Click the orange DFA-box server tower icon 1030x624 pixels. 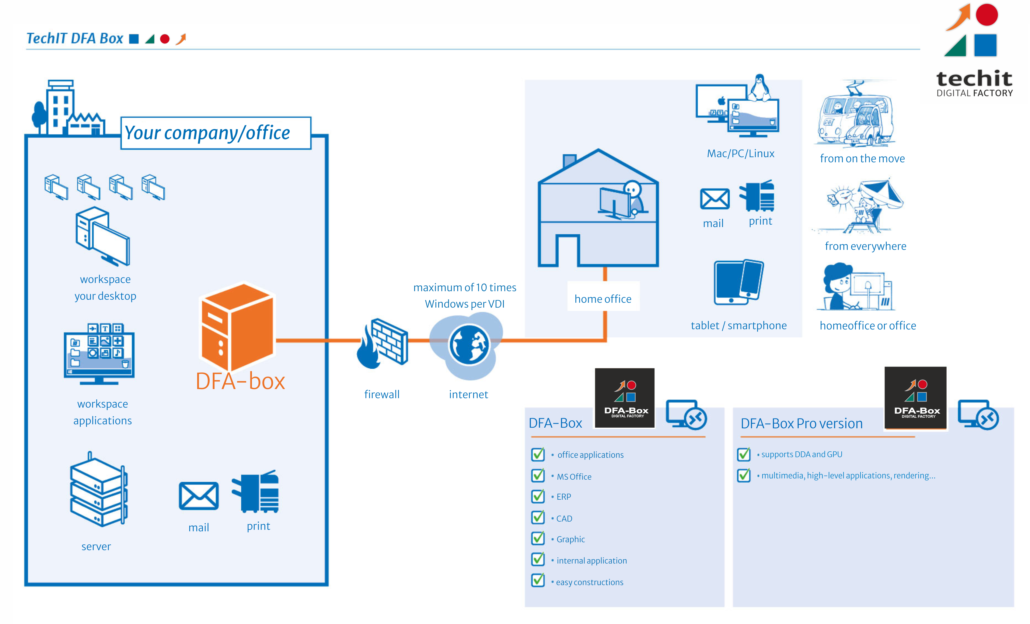(x=237, y=327)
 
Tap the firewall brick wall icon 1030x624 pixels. (x=389, y=341)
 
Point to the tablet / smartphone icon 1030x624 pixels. (x=738, y=283)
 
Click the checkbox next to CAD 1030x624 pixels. (x=538, y=518)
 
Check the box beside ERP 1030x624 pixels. (x=538, y=496)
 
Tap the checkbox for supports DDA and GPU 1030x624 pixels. (x=744, y=454)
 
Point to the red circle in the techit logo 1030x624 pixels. (x=986, y=15)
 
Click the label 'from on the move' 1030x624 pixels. (x=862, y=159)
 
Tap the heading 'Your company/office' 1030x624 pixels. (x=207, y=133)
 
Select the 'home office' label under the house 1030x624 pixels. (x=602, y=299)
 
